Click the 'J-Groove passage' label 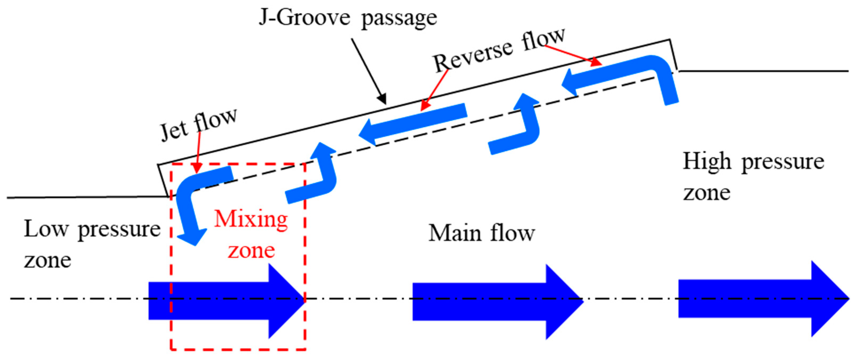point(348,18)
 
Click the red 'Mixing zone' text point(251,235)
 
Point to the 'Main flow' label point(482,233)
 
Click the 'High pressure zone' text point(753,177)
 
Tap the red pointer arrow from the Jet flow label point(198,153)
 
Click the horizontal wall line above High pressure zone point(763,71)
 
